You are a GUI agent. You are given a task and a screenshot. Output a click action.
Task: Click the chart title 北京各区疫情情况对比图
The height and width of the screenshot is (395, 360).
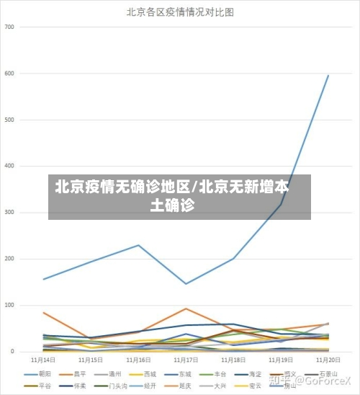[x=180, y=12]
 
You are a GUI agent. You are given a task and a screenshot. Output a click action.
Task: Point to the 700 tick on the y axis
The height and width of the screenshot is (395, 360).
[x=9, y=27]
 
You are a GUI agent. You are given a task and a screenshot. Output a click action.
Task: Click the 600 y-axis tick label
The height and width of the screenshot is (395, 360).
[x=9, y=73]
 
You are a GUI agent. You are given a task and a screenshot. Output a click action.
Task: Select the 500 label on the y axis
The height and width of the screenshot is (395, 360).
[x=9, y=120]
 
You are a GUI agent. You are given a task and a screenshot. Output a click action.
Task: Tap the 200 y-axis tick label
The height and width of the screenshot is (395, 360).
[x=9, y=259]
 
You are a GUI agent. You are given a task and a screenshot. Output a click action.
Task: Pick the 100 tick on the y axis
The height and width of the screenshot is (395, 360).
[x=9, y=305]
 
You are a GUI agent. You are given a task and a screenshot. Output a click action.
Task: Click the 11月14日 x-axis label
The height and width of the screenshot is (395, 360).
[x=44, y=360]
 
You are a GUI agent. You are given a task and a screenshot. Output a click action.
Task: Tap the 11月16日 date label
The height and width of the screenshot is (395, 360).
[x=138, y=360]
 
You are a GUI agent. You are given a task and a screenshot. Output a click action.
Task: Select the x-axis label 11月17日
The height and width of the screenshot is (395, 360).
[x=186, y=360]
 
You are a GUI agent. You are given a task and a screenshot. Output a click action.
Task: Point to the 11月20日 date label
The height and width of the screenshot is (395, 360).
[x=328, y=360]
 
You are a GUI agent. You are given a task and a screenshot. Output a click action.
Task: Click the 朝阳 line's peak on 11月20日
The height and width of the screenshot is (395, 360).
[x=328, y=75]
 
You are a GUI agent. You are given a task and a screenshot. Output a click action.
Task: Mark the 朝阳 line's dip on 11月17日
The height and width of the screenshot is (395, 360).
[x=186, y=284]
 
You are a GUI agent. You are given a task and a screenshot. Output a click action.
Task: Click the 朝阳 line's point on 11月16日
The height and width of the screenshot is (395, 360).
[x=138, y=245]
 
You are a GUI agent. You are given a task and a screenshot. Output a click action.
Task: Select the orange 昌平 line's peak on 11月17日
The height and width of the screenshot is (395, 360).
[x=186, y=309]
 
